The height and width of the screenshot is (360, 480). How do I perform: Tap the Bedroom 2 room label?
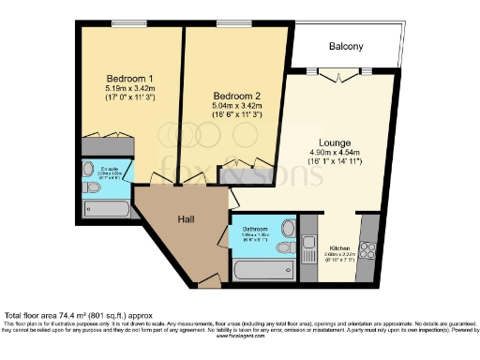point(236,96)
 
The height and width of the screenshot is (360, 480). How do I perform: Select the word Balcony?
point(346,46)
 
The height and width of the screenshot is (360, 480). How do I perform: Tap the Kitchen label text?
point(339,248)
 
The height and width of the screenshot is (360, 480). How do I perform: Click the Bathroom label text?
point(256,229)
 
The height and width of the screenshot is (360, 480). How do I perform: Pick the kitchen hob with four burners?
point(367,250)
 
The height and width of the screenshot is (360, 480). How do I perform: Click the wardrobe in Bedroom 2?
point(243,171)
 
